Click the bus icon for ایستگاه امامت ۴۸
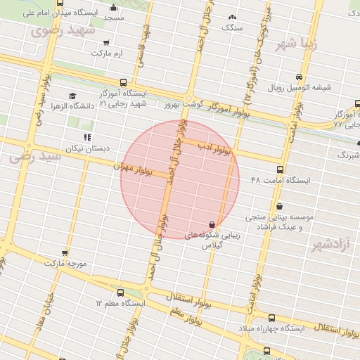(281, 169)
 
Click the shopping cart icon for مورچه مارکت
(65, 252)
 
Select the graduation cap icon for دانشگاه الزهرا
(72, 96)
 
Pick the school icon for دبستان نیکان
(87, 138)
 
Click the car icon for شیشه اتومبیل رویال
(300, 77)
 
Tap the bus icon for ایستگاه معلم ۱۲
(120, 292)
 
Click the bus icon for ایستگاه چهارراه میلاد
(272, 318)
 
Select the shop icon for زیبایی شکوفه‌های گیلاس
(212, 225)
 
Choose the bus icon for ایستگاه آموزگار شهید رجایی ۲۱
(124, 82)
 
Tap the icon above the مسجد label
(114, 8)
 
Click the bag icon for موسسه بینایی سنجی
(281, 207)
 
